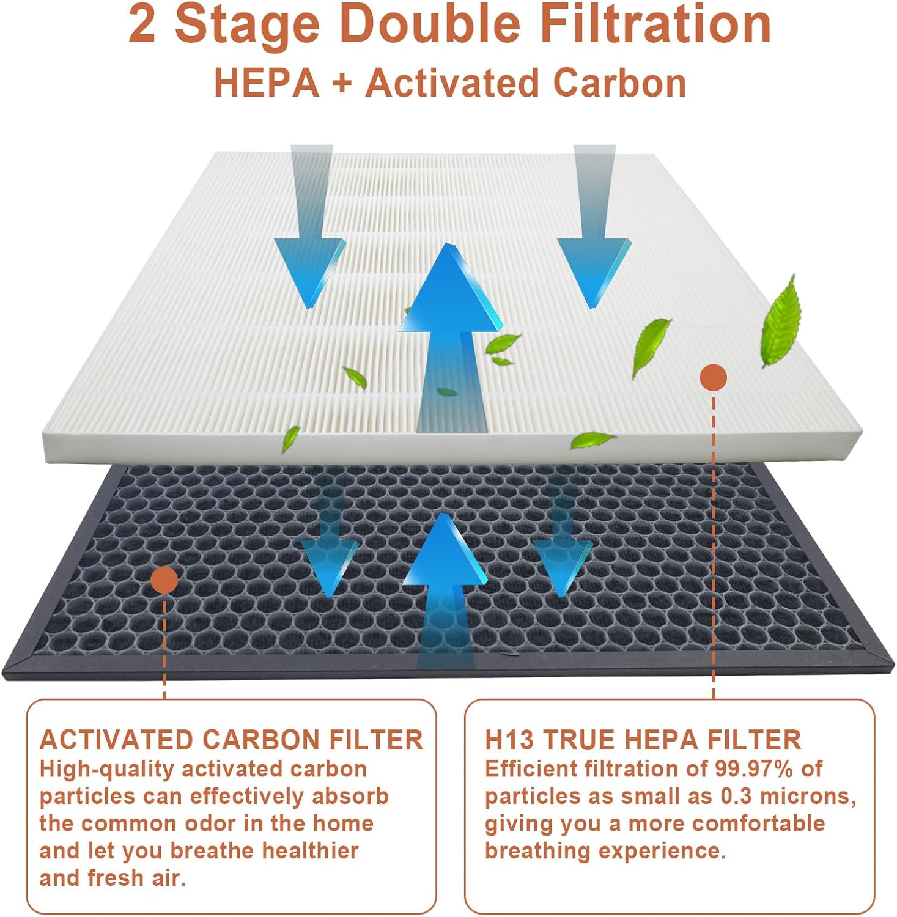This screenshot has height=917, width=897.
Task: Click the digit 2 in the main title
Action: tap(142, 24)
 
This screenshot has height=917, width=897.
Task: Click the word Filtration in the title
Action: tap(656, 24)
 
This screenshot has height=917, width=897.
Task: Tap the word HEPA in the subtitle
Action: tap(267, 83)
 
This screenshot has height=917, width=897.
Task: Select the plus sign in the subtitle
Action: tap(342, 84)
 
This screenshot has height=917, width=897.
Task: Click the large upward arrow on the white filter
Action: tap(451, 342)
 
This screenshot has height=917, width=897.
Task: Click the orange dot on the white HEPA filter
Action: tap(713, 377)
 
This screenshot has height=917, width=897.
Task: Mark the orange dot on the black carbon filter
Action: tap(164, 580)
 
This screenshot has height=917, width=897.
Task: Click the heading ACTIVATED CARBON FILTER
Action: tap(231, 740)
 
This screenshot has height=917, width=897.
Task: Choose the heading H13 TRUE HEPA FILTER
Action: tap(643, 740)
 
